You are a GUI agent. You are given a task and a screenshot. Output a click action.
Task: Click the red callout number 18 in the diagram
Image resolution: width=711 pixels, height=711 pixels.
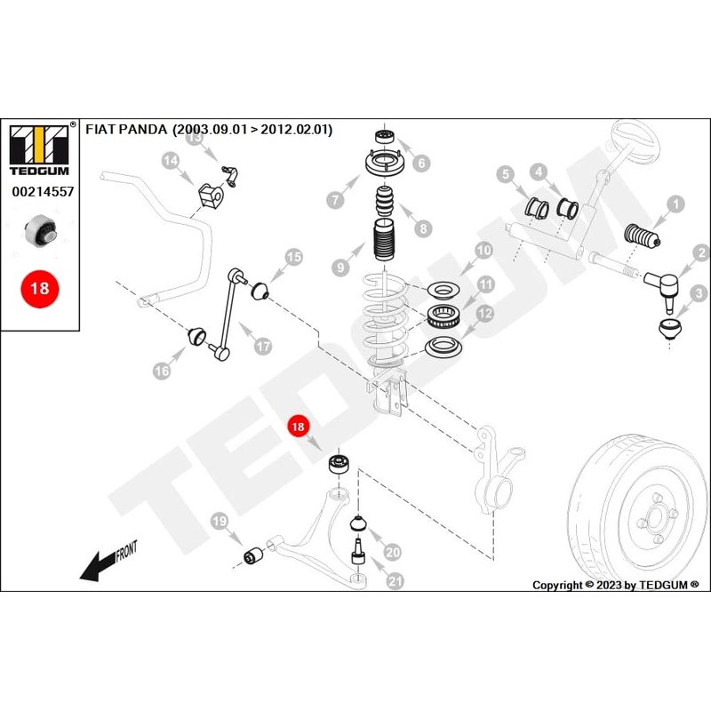pyautogui.click(x=298, y=427)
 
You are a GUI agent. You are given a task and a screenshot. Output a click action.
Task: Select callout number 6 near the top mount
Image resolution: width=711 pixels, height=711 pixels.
pyautogui.click(x=421, y=163)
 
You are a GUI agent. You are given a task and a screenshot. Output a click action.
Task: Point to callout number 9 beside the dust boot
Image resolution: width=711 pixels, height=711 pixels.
pyautogui.click(x=338, y=266)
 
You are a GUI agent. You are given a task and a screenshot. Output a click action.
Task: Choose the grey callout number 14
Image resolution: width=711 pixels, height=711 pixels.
pyautogui.click(x=170, y=161)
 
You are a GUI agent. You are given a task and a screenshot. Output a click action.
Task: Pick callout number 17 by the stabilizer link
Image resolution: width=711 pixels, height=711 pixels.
pyautogui.click(x=263, y=346)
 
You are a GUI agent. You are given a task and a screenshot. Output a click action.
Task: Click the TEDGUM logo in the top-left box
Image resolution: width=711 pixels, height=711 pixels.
pyautogui.click(x=38, y=144)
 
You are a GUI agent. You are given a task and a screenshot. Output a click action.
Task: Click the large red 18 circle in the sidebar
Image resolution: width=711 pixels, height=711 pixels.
pyautogui.click(x=40, y=288)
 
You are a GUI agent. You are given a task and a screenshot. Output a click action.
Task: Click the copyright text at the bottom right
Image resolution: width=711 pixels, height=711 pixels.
pyautogui.click(x=615, y=585)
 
